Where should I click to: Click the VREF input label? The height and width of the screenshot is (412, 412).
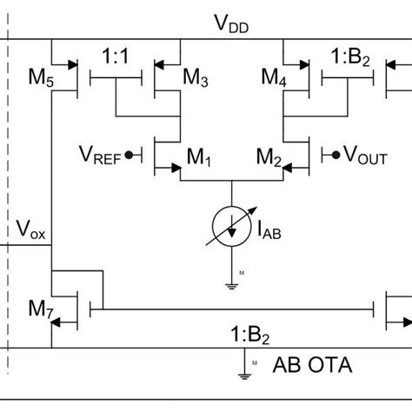[102, 156]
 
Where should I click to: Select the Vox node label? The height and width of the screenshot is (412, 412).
[32, 231]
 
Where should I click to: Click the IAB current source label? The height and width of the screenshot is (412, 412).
[269, 230]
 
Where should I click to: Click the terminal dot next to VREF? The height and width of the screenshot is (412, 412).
[130, 156]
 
